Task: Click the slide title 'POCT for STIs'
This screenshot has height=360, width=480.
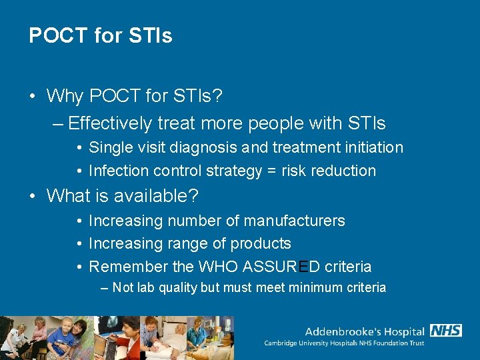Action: pyautogui.click(x=101, y=35)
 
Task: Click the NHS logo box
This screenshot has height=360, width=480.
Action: pyautogui.click(x=446, y=331)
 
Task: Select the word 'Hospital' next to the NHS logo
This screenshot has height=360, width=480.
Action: pyautogui.click(x=401, y=331)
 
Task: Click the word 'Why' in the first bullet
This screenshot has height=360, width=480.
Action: pyautogui.click(x=65, y=96)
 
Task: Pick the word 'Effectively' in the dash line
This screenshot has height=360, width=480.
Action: pyautogui.click(x=111, y=123)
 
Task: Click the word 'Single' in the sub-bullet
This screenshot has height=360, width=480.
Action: pyautogui.click(x=109, y=147)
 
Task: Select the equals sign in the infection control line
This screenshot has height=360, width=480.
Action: pyautogui.click(x=272, y=171)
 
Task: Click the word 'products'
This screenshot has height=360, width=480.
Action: pyautogui.click(x=260, y=244)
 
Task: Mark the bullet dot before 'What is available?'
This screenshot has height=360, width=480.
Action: pyautogui.click(x=33, y=196)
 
